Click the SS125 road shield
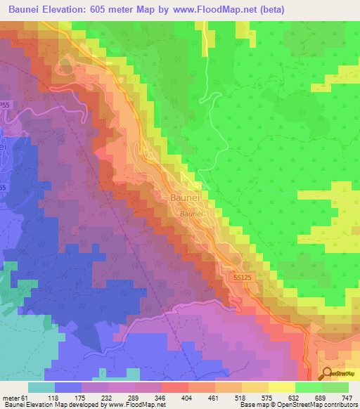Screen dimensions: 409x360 pyautogui.click(x=241, y=279)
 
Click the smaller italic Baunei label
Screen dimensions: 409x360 pyautogui.click(x=191, y=212)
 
